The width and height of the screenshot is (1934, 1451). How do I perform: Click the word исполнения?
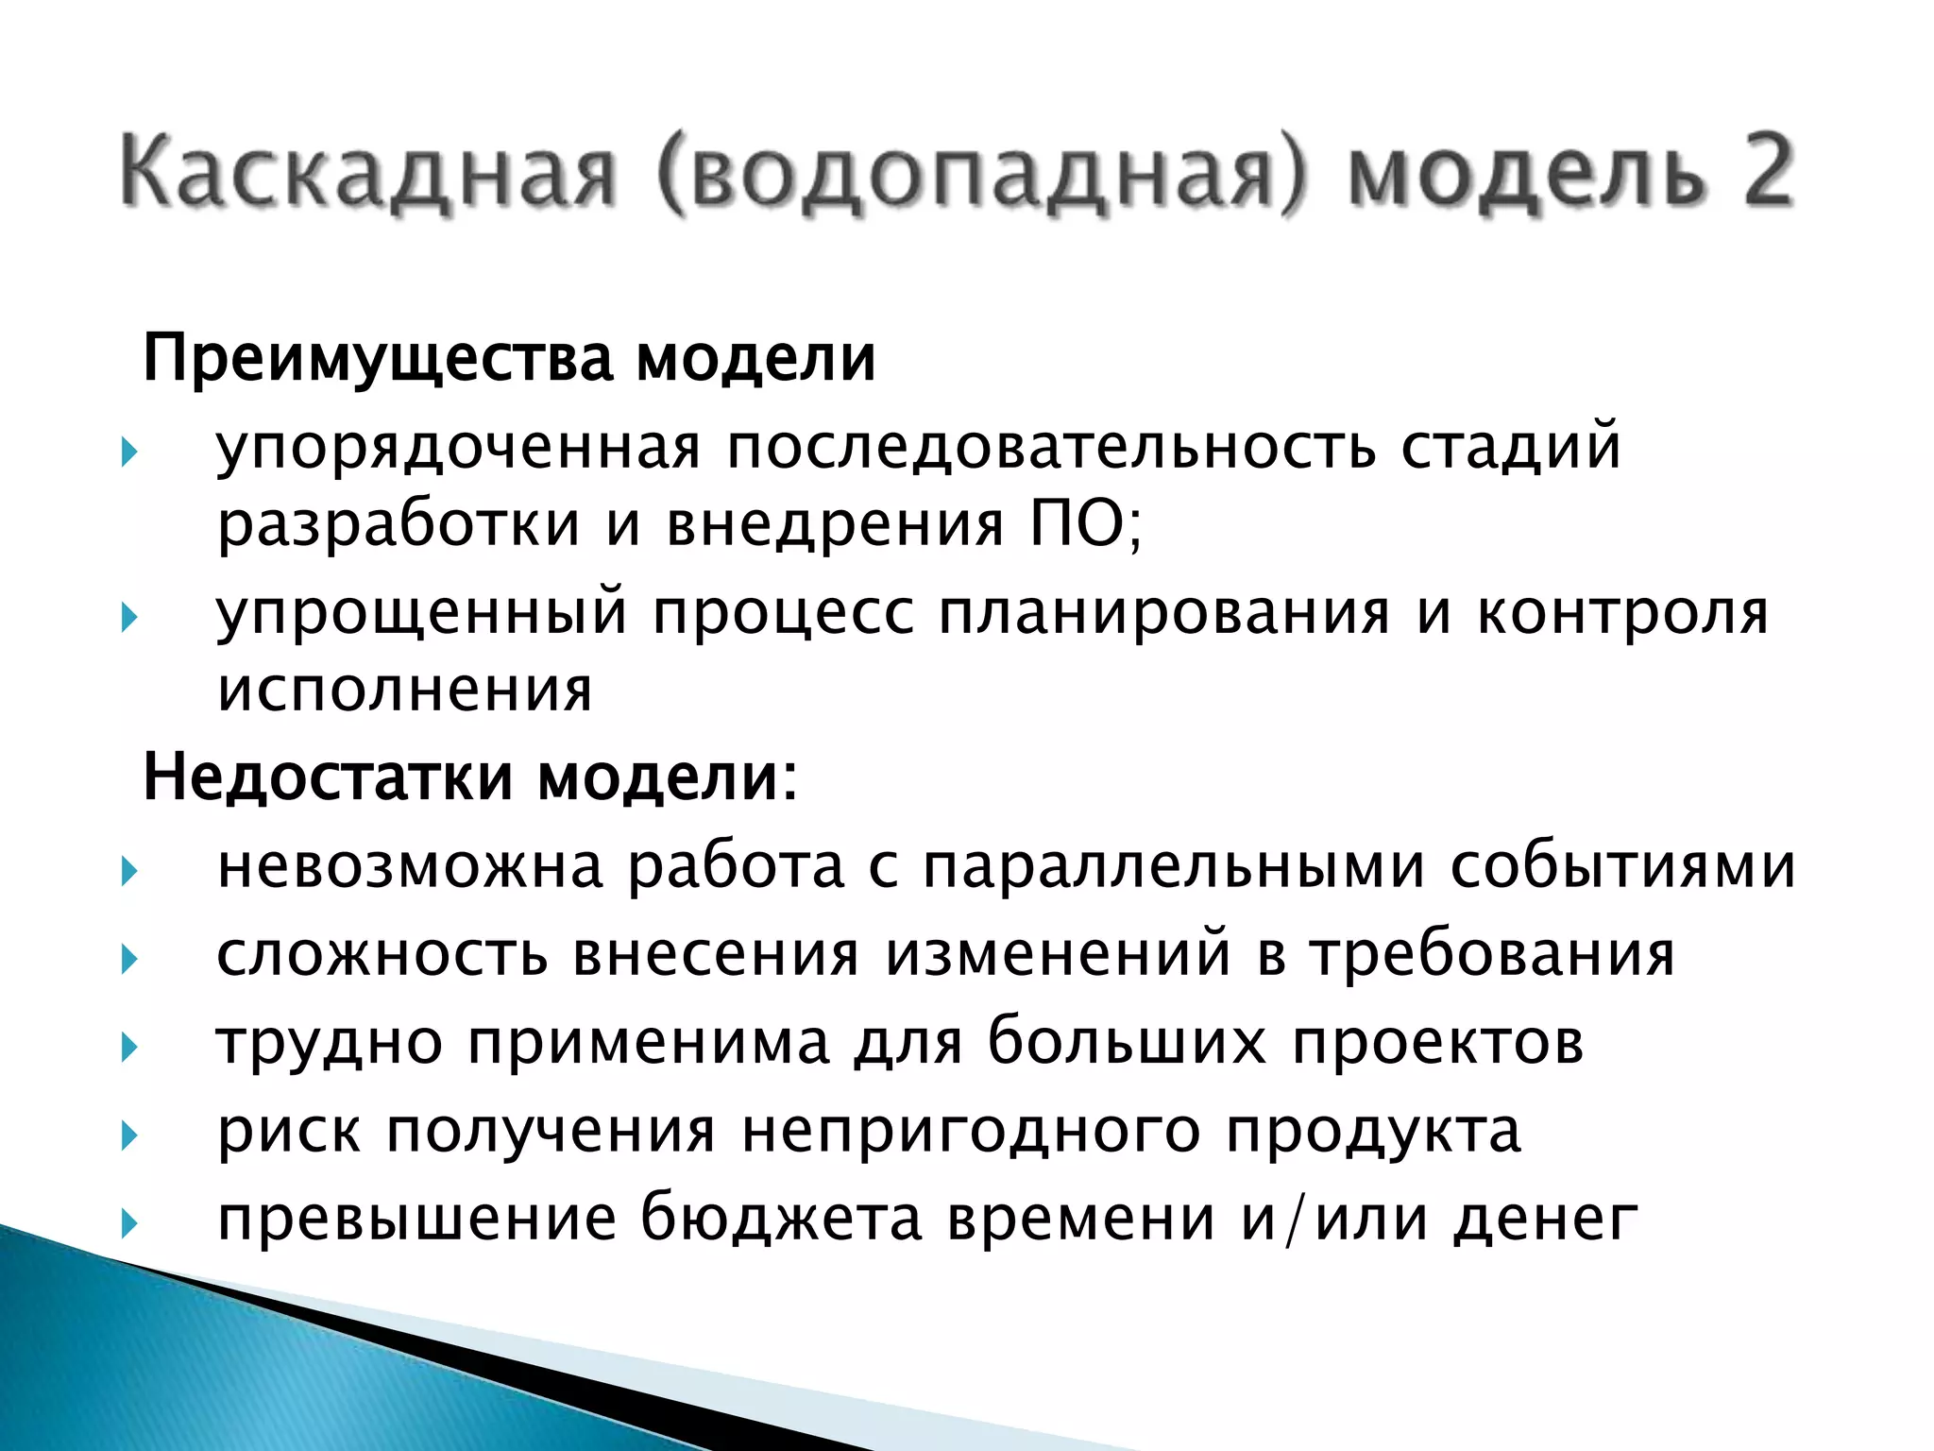tap(404, 690)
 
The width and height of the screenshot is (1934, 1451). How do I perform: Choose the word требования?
tap(1492, 955)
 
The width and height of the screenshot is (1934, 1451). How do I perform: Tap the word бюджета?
tap(781, 1219)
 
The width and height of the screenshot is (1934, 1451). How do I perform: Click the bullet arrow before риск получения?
tap(129, 1135)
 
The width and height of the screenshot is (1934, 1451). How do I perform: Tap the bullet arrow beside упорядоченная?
tap(129, 452)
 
